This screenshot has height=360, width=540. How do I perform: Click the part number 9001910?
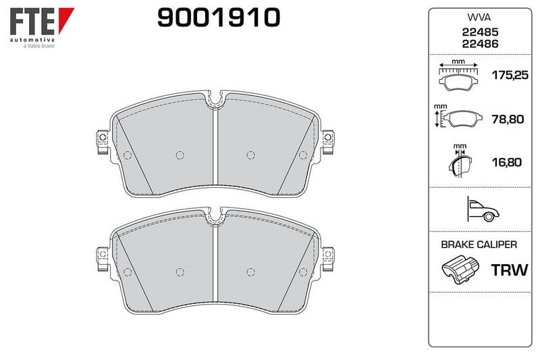(219, 18)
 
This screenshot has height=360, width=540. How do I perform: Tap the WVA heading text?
(479, 18)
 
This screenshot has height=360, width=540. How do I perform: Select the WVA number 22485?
(480, 32)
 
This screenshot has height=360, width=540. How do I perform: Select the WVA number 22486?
(480, 44)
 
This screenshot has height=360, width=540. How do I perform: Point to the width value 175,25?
(510, 75)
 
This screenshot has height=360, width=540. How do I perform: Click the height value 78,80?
(508, 119)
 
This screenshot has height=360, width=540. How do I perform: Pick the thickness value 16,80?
(507, 162)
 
